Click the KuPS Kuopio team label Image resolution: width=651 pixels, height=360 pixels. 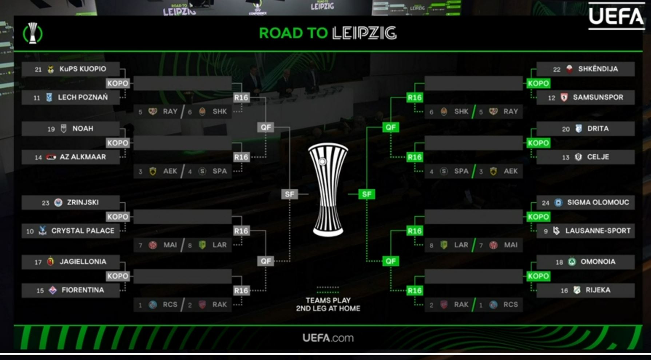coord(83,69)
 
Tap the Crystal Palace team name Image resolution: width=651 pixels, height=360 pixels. coord(83,231)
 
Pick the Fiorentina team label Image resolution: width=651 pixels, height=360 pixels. coord(83,290)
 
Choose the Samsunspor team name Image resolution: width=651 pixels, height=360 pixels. coord(598,97)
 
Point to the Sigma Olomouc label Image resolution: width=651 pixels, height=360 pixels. coord(598,203)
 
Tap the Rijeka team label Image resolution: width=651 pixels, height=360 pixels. coord(598,290)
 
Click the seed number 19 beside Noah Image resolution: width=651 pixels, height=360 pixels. coord(51,129)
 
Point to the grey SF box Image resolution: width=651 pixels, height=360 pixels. coord(290,194)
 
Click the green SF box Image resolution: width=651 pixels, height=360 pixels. coord(366,194)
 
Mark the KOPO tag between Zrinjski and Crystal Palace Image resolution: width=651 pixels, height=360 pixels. coord(118,217)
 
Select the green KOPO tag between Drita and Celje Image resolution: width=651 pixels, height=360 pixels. coord(538,143)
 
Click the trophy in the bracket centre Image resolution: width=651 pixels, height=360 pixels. coord(328,189)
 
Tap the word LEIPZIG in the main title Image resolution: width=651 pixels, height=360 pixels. coord(364,33)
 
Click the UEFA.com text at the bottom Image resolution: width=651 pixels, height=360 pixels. coord(328,338)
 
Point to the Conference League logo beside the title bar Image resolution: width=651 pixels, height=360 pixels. coord(33,33)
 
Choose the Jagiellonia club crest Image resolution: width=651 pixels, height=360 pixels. coord(51,261)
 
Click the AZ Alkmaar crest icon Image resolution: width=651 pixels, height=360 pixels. coord(51,157)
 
